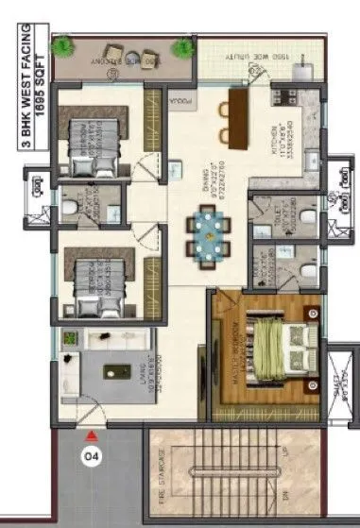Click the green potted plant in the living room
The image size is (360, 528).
[68, 337]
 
